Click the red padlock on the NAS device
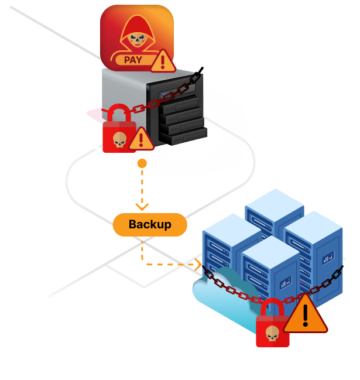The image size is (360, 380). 119,129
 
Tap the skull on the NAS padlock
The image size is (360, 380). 119,139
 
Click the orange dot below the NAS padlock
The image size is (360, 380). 141,162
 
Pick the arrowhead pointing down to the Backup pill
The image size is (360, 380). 142,206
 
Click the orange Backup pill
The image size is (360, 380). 149,224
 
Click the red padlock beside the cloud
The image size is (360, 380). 273,325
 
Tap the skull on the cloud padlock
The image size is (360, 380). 272,333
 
